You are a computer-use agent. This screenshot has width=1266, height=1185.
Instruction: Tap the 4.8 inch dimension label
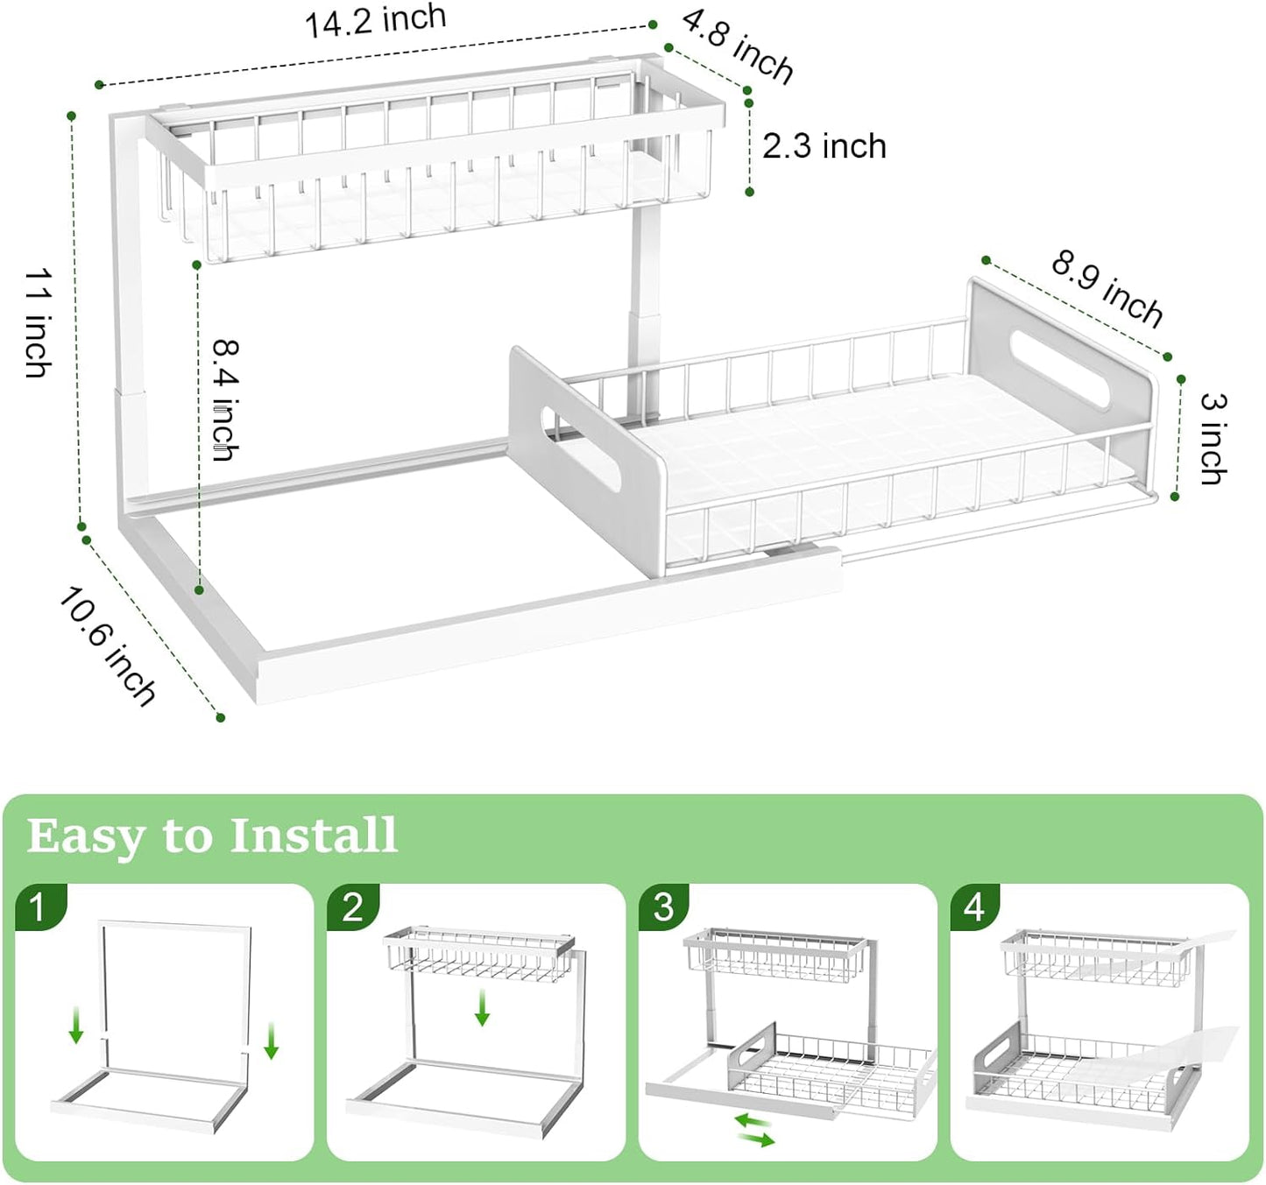[x=737, y=46]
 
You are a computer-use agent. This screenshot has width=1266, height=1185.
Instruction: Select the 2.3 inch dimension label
[x=824, y=146]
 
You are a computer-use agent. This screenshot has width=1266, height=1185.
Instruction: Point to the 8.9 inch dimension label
[x=1107, y=287]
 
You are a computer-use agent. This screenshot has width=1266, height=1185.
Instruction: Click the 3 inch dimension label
[x=1213, y=438]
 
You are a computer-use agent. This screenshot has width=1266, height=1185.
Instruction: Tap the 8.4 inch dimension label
[x=226, y=399]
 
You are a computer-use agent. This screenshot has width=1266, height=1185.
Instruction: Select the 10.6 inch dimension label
[x=108, y=646]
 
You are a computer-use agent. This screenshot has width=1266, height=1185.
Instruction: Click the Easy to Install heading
[x=213, y=835]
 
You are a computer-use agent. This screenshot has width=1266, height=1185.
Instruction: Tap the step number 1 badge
[x=38, y=906]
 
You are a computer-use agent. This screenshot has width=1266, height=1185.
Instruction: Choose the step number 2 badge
[x=352, y=906]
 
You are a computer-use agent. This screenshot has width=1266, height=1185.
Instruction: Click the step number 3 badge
[x=663, y=906]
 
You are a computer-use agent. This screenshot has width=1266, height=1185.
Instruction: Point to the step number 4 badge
[x=974, y=906]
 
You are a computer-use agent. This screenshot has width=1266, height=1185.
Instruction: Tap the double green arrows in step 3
[x=754, y=1130]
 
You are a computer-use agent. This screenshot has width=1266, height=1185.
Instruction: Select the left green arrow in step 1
[x=76, y=1024]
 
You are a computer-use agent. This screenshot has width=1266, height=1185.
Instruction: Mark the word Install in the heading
[x=314, y=835]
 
